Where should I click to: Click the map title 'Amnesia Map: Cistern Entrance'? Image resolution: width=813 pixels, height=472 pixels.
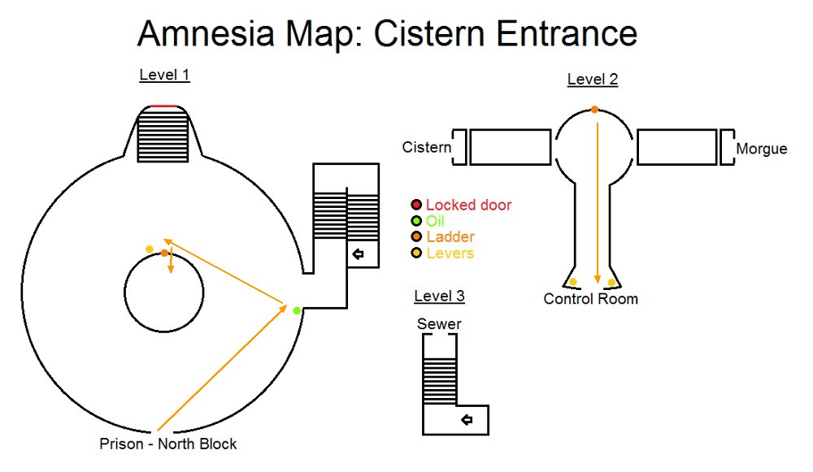click(387, 34)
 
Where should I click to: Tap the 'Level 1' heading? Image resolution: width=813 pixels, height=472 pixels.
click(164, 76)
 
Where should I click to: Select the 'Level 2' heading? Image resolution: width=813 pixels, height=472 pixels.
click(592, 79)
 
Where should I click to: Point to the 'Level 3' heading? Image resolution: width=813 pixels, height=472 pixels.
click(439, 296)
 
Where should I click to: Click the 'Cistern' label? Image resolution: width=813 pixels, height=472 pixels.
click(427, 147)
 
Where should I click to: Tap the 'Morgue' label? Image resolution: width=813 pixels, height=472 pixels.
click(761, 149)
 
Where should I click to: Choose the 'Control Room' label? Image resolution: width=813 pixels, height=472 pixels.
click(590, 299)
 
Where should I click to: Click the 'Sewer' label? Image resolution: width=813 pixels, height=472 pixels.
click(439, 324)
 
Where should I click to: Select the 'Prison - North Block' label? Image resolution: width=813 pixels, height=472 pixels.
click(168, 444)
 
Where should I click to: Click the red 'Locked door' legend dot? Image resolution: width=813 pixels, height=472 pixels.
click(416, 205)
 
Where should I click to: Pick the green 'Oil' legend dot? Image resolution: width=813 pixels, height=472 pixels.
click(416, 221)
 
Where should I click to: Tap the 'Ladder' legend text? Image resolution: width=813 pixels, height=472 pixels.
click(450, 237)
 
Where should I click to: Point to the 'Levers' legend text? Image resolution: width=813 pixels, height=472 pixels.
click(450, 253)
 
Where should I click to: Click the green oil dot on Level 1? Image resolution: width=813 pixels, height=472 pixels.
click(297, 310)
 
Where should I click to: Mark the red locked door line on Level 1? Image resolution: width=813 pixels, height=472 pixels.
click(163, 106)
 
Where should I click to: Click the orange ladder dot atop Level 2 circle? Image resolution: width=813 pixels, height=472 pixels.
click(594, 109)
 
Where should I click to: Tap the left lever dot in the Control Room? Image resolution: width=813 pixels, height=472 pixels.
click(573, 282)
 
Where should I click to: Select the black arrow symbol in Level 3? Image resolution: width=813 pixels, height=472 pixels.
click(467, 419)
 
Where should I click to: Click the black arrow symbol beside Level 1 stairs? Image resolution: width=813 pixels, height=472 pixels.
click(358, 254)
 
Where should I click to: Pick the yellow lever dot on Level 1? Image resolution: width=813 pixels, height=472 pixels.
click(149, 249)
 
